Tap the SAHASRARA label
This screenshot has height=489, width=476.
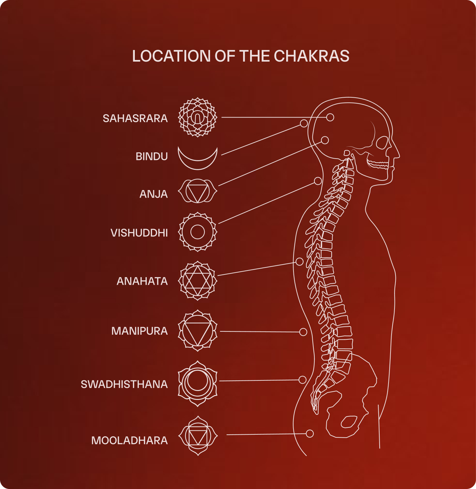coord(135,118)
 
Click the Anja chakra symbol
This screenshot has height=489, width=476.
coord(198,191)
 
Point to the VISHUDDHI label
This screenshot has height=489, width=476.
coord(139,233)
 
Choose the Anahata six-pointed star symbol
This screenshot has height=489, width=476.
coord(198,281)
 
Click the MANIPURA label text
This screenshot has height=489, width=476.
coord(139,331)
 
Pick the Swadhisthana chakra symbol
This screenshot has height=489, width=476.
coord(198,383)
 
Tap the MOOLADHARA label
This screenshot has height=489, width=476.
coord(130,440)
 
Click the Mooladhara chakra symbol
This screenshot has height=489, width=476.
coord(198,436)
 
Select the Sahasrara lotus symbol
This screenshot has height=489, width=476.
coord(198,117)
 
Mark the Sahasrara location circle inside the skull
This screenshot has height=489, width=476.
coord(330,117)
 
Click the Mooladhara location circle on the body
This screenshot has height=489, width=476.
coord(310,433)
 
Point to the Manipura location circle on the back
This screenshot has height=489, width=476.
coord(303,332)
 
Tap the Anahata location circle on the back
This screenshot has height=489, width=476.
coord(299,262)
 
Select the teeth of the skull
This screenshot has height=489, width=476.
coord(378,164)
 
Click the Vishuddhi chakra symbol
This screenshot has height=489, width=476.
coord(198,232)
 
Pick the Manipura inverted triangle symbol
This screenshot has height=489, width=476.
coord(198,331)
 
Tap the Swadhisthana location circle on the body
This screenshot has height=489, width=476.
coord(302,380)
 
